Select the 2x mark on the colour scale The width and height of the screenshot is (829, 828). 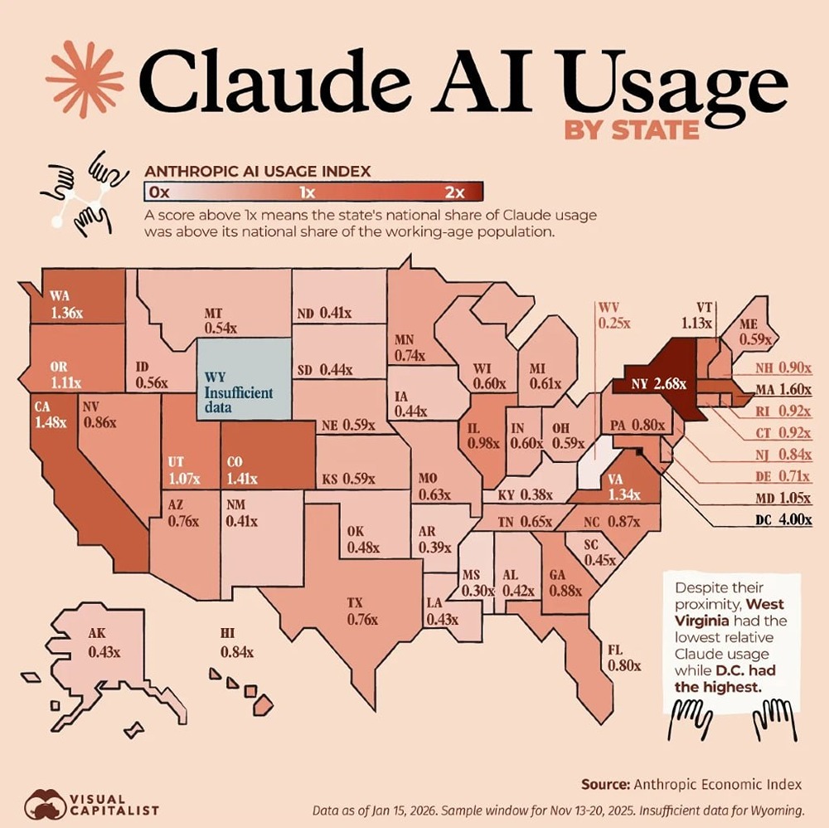coord(454,192)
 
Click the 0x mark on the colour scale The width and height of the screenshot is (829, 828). coord(159,192)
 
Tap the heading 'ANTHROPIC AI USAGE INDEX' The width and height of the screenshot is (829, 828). coord(257,172)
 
